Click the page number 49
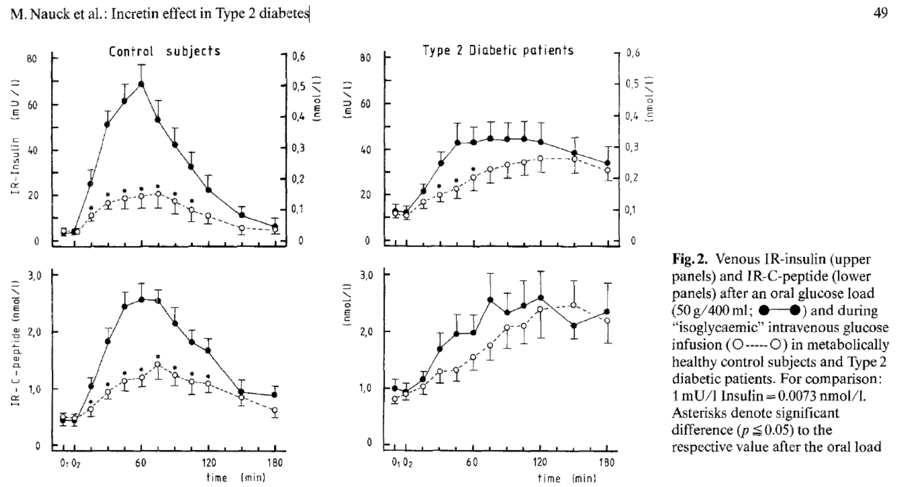coord(880,13)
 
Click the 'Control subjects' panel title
coord(165,51)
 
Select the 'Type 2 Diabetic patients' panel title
coord(498,50)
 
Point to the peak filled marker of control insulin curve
coord(141,84)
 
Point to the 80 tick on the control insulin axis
coord(31,59)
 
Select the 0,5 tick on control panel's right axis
coord(298,86)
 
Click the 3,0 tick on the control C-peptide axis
coord(34,276)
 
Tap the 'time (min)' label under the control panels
coord(236,478)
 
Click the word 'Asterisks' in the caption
coord(701,413)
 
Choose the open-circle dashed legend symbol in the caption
coord(756,345)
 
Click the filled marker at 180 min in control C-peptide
coord(275,395)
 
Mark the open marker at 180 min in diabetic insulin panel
coord(607,170)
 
